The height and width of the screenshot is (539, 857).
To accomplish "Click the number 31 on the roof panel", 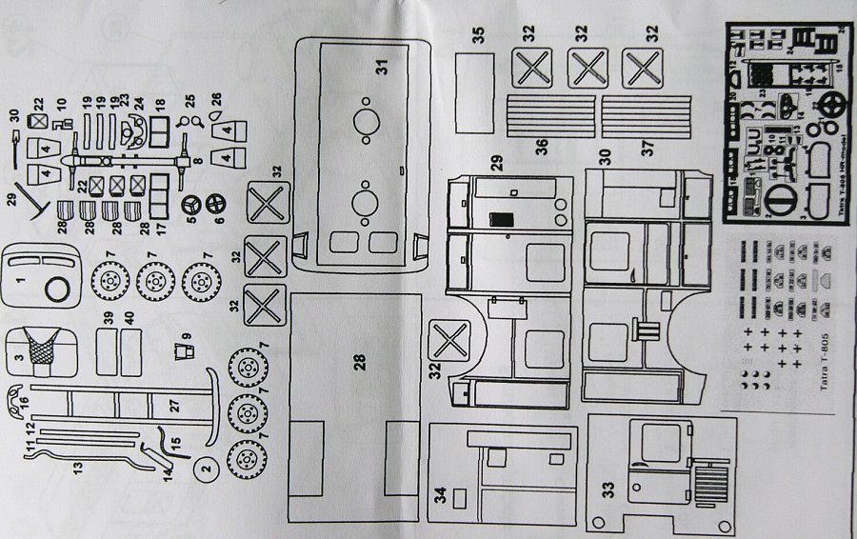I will (x=382, y=66).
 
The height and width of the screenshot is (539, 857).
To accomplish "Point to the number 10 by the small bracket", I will (x=59, y=103).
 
